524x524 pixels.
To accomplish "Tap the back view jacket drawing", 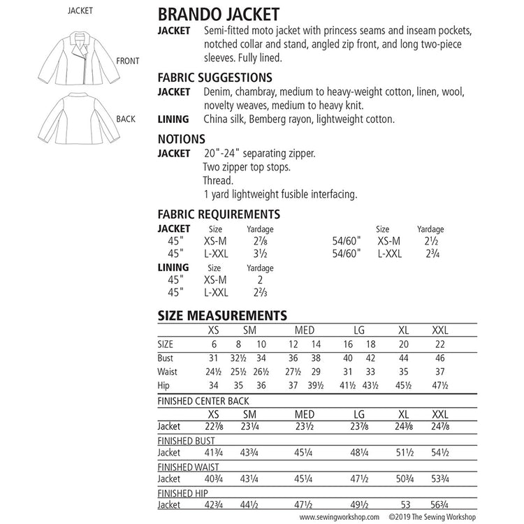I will point(76,119).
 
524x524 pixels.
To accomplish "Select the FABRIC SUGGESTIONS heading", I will point(215,78).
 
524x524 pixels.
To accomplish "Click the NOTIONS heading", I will point(181,139).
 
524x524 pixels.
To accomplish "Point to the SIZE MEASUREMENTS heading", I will point(222,316).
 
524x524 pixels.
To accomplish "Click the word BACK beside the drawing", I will point(126,119).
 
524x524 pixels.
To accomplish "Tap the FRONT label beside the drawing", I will point(128,61).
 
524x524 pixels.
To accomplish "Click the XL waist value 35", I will point(403,371).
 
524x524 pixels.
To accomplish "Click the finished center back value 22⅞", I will point(213,425).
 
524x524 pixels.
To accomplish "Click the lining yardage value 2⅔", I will point(260,292).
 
